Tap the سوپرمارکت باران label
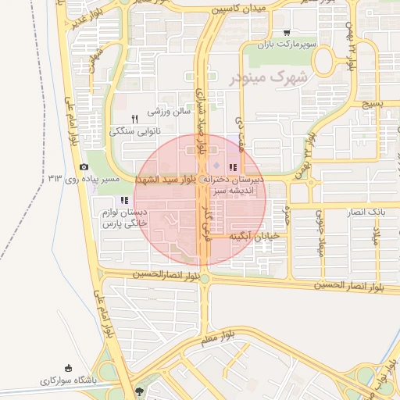pyautogui.click(x=288, y=45)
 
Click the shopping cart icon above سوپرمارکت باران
pyautogui.click(x=287, y=33)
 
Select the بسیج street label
pyautogui.click(x=373, y=102)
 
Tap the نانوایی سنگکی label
pyautogui.click(x=134, y=131)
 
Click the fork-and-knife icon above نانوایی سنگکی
pyautogui.click(x=134, y=119)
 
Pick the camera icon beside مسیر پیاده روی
pyautogui.click(x=84, y=167)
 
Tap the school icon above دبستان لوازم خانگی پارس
pyautogui.click(x=124, y=200)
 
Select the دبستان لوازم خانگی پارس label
pyautogui.click(x=123, y=218)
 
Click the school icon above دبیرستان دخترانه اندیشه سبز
pyautogui.click(x=232, y=167)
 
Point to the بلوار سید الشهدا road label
pyautogui.click(x=168, y=180)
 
